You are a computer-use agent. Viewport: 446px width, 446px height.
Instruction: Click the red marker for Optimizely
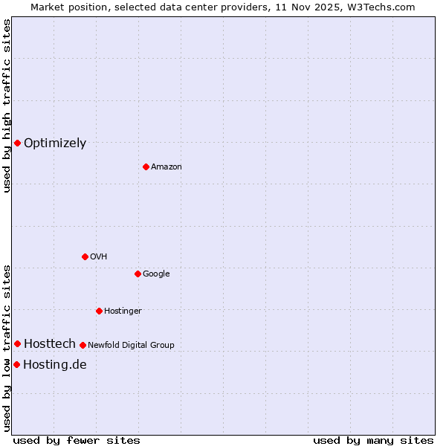(17, 143)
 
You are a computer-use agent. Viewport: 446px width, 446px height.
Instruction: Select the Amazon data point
(146, 167)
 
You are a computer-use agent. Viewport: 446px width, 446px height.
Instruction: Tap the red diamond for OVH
(85, 256)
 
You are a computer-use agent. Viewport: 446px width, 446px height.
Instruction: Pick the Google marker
(138, 274)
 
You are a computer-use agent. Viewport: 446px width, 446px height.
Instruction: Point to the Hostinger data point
(99, 311)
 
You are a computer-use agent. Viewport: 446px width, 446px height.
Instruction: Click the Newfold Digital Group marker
(83, 345)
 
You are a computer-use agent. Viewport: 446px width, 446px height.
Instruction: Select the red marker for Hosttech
(17, 343)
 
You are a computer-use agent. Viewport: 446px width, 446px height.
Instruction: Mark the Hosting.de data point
(16, 364)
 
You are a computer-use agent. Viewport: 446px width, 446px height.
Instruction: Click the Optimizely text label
(55, 143)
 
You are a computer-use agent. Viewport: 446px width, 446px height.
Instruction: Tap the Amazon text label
(167, 167)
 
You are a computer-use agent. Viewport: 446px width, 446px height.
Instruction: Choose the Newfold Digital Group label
(131, 345)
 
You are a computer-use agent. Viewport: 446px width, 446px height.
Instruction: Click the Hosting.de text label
(55, 364)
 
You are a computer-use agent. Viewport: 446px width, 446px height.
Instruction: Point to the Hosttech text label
(50, 343)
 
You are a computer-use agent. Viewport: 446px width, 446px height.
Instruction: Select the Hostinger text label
(123, 311)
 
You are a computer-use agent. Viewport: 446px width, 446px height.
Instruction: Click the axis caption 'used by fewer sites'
(77, 440)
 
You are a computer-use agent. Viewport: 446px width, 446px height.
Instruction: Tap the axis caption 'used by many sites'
(373, 440)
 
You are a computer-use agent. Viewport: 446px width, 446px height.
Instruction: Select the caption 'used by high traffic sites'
(7, 106)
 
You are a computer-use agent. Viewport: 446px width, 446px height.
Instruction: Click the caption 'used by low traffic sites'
(7, 347)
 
